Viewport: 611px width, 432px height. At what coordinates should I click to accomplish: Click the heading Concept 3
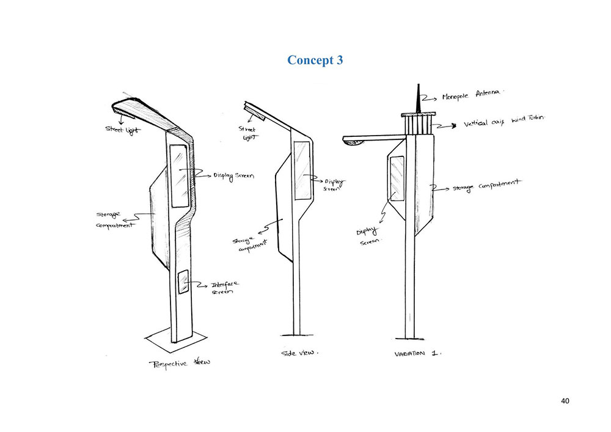tap(315, 60)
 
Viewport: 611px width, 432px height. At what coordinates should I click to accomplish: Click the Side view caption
tap(299, 353)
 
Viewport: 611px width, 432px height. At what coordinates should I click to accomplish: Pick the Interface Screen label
tap(224, 288)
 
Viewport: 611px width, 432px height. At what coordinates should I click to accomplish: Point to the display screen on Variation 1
tap(397, 179)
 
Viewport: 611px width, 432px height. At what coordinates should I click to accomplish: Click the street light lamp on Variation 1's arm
tap(355, 142)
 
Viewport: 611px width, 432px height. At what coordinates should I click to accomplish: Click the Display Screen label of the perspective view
tap(233, 176)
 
